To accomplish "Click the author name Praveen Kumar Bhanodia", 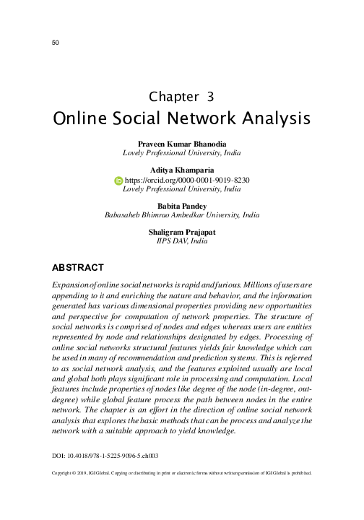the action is click(182, 144).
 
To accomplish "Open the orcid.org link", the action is click(188, 180).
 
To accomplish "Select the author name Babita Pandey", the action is click(182, 206).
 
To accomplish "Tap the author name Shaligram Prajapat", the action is click(182, 232).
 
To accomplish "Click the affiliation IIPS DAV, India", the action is click(182, 241).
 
